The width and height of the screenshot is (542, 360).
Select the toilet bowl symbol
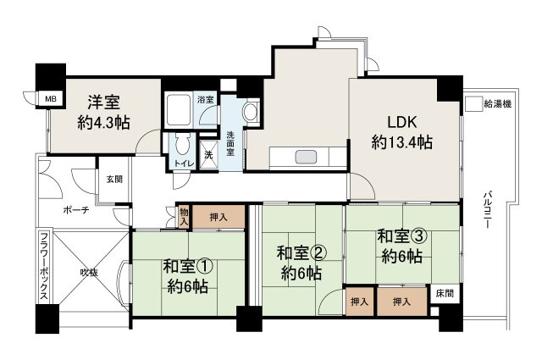tap(181, 145)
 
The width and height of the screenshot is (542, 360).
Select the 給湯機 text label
tap(498, 103)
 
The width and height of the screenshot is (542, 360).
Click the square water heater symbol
tap(472, 103)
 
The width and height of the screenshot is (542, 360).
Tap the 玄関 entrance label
tap(113, 179)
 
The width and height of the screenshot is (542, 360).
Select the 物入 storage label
tap(184, 216)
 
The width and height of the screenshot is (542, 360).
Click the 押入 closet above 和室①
tap(218, 217)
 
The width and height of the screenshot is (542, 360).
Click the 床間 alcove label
tap(444, 293)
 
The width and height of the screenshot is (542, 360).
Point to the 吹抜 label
tap(88, 273)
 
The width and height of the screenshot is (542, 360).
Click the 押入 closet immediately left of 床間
tap(401, 301)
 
